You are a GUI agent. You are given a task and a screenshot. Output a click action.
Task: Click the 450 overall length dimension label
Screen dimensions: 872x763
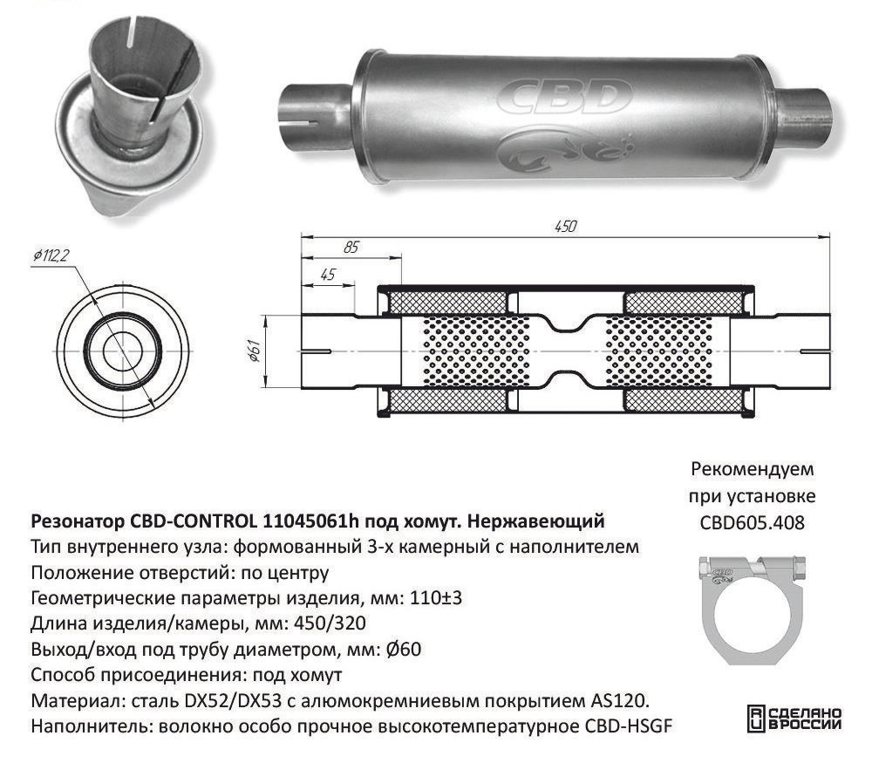point(565,227)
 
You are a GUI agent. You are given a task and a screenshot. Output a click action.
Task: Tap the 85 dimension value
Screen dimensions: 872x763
point(351,247)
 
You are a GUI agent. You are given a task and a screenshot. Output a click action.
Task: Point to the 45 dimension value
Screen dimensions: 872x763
point(328,274)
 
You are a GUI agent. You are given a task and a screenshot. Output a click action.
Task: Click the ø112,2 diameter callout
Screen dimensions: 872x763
point(51,255)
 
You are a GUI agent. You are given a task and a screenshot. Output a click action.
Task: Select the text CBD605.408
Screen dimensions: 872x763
point(753,522)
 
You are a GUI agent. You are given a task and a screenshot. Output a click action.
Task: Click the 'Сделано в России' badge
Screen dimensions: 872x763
point(794,719)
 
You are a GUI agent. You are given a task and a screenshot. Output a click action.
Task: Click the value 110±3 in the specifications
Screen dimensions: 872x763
point(435,598)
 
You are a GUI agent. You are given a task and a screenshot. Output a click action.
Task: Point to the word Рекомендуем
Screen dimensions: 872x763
point(753,469)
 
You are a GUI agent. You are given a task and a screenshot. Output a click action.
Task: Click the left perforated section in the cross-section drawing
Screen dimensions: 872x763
point(477,351)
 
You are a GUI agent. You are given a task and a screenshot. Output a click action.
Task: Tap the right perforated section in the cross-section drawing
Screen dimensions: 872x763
point(657,351)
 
